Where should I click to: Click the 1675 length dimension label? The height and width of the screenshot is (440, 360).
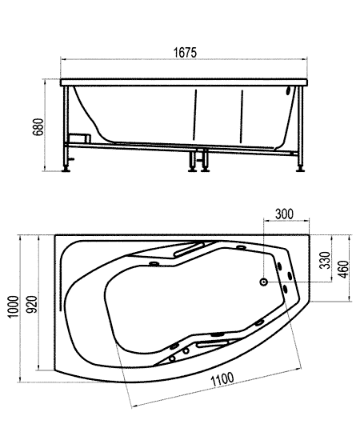click(185, 53)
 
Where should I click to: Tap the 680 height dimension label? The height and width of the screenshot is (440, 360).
click(38, 127)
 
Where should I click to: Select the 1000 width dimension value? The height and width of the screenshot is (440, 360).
click(13, 306)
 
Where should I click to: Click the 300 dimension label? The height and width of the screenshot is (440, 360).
click(284, 214)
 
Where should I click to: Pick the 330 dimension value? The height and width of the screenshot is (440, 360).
click(326, 259)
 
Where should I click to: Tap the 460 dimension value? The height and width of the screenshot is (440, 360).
click(344, 269)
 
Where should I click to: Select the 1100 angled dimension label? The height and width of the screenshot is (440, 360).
click(222, 379)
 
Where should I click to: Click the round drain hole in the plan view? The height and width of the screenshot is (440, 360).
click(263, 282)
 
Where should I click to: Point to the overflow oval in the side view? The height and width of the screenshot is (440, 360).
click(288, 91)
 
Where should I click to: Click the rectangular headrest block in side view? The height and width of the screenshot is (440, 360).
click(80, 138)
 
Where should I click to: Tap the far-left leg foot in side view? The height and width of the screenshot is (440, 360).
click(66, 170)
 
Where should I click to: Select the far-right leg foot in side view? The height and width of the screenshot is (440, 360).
click(300, 170)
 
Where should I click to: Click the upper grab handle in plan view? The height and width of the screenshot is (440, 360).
click(189, 249)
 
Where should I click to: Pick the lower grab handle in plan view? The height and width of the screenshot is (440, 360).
click(213, 343)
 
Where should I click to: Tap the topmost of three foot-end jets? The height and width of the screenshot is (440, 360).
click(279, 266)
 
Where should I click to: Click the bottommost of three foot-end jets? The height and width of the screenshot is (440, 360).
click(286, 289)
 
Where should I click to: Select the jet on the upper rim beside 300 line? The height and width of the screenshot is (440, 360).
click(241, 247)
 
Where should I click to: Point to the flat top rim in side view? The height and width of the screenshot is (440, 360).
click(184, 82)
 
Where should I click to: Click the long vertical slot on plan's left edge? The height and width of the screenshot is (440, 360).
click(60, 282)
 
